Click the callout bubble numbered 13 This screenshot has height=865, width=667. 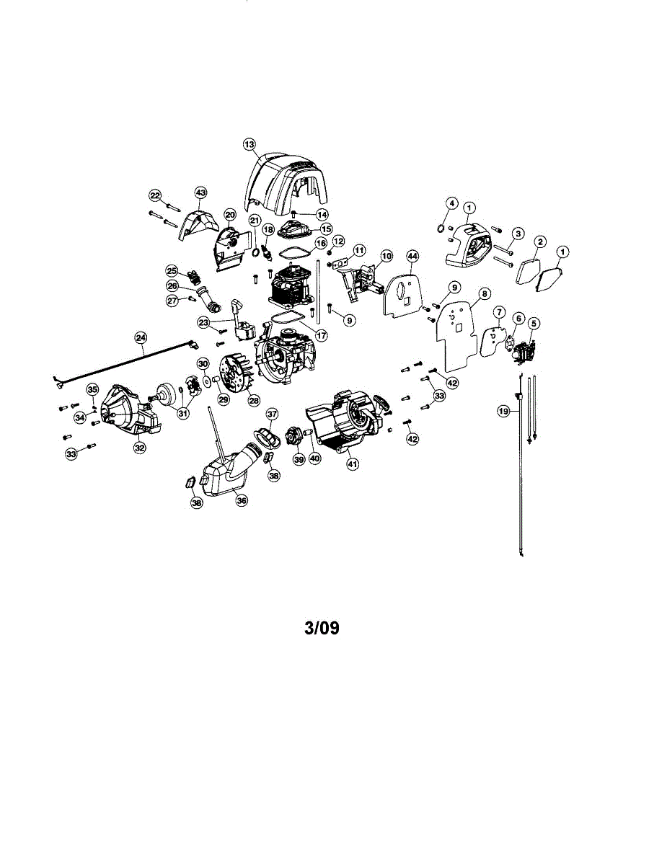[x=249, y=145]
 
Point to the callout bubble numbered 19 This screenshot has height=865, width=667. [x=503, y=411]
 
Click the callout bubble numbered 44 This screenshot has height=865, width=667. [x=412, y=256]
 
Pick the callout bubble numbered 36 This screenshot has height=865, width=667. [x=242, y=500]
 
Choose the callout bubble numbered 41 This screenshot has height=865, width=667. [x=353, y=465]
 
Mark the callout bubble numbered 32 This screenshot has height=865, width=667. [x=139, y=448]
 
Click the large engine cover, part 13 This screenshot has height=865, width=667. [x=288, y=180]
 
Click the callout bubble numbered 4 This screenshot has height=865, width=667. [x=451, y=204]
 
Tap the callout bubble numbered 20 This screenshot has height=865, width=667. [x=230, y=214]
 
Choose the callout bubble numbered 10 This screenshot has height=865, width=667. [x=386, y=256]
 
